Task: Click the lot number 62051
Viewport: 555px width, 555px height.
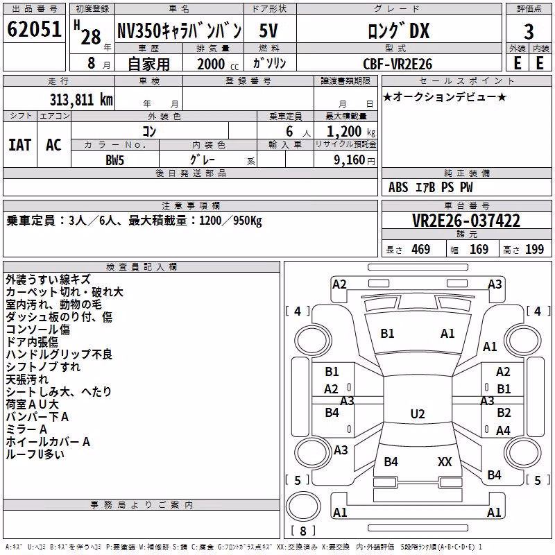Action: click(x=34, y=29)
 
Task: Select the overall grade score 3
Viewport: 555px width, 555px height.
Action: click(x=529, y=32)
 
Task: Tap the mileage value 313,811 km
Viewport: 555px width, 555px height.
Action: click(x=81, y=100)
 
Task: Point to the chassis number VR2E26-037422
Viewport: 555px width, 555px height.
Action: click(x=466, y=221)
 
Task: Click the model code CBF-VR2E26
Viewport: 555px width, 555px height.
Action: click(x=398, y=64)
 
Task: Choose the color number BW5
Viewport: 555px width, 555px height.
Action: click(x=115, y=160)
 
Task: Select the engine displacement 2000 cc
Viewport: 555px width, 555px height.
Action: click(x=218, y=64)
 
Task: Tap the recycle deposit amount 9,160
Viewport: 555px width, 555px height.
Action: click(x=350, y=160)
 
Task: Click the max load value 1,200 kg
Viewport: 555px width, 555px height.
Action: click(x=350, y=132)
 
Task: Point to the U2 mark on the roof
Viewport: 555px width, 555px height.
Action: click(x=418, y=413)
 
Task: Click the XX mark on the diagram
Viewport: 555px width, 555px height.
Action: click(x=445, y=461)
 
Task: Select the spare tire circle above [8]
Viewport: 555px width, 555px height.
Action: click(x=303, y=506)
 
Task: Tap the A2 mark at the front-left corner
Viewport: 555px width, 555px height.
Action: click(x=339, y=284)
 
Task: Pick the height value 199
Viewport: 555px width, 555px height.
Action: click(x=534, y=250)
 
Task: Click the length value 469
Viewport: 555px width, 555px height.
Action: click(x=421, y=250)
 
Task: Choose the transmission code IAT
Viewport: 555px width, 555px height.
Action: click(x=20, y=145)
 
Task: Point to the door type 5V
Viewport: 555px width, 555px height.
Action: click(x=268, y=31)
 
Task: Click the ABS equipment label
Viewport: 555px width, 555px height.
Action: click(x=398, y=187)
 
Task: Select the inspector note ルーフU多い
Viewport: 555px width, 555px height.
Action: click(x=35, y=454)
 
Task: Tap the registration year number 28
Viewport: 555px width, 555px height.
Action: click(x=91, y=37)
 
